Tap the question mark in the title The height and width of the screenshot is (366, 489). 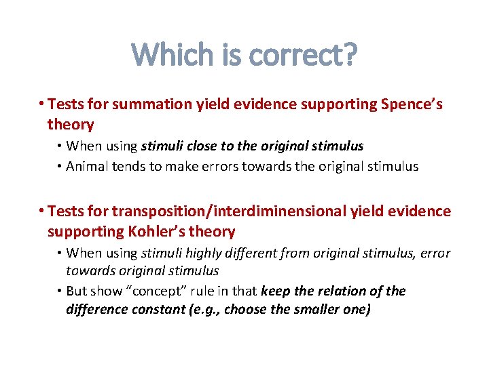349,55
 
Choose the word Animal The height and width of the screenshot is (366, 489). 86,166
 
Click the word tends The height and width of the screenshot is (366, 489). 129,166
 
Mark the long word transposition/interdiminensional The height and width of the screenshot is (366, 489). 230,211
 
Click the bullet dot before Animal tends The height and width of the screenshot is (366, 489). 60,167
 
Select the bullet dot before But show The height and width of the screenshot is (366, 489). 60,291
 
